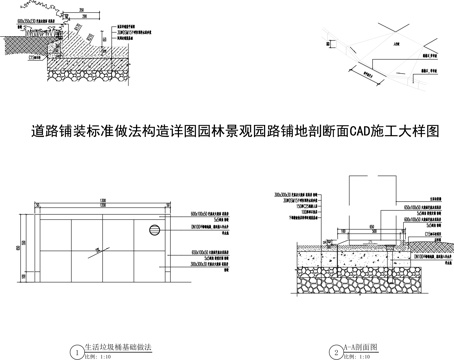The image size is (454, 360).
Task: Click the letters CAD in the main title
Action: (x=359, y=131)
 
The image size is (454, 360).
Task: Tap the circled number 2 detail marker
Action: (x=336, y=351)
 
